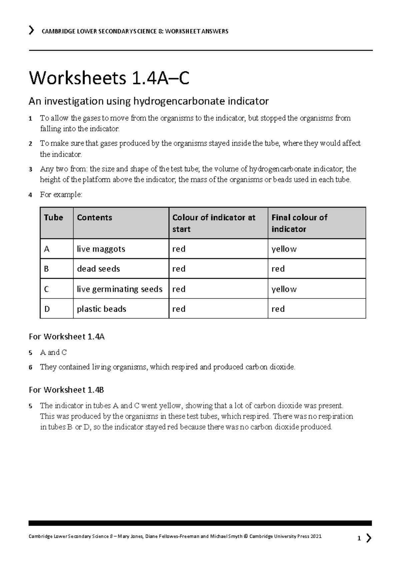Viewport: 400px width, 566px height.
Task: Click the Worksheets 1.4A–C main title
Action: [109, 79]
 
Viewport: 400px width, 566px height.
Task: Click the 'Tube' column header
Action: [53, 218]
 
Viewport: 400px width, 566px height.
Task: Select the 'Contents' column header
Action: [94, 218]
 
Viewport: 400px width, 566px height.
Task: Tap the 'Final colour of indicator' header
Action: [299, 223]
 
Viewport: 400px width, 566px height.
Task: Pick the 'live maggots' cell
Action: [101, 249]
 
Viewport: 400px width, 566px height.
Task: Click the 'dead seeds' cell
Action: [98, 269]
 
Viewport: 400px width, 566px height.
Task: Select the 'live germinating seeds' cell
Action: [120, 289]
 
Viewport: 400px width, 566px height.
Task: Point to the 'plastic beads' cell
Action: [101, 309]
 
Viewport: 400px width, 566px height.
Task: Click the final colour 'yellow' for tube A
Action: [284, 249]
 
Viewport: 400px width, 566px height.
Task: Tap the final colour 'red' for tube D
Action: [278, 309]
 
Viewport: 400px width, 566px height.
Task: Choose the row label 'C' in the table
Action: [46, 289]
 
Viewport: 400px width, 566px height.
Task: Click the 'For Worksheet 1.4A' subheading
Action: [67, 337]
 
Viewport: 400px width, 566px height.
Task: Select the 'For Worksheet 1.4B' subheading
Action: [67, 390]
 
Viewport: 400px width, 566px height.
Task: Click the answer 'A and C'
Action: [53, 352]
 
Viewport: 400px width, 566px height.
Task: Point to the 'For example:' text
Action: [61, 195]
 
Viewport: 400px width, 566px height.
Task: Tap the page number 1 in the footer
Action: [359, 538]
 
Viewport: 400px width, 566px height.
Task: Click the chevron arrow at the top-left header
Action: [31, 31]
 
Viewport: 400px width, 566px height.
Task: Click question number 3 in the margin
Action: [30, 169]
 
